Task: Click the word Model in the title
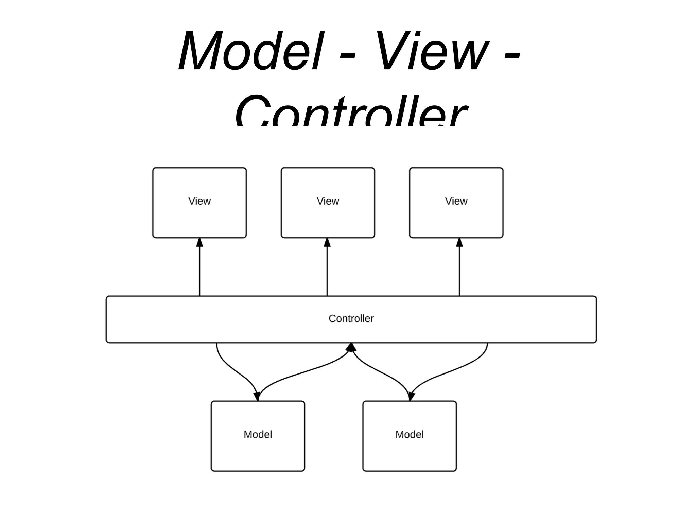pyautogui.click(x=250, y=51)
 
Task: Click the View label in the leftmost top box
pyautogui.click(x=199, y=201)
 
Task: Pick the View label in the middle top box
pyautogui.click(x=328, y=201)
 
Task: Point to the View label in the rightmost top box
pyautogui.click(x=456, y=201)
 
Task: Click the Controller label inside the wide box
pyautogui.click(x=351, y=319)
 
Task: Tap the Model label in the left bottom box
pyautogui.click(x=258, y=435)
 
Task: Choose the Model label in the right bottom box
pyautogui.click(x=409, y=435)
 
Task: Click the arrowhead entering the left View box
pyautogui.click(x=199, y=242)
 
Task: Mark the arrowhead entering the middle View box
pyautogui.click(x=327, y=242)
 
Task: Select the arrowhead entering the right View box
pyautogui.click(x=459, y=242)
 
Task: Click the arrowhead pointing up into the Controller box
pyautogui.click(x=351, y=347)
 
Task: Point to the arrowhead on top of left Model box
pyautogui.click(x=257, y=396)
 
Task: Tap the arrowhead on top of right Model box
pyautogui.click(x=411, y=396)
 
